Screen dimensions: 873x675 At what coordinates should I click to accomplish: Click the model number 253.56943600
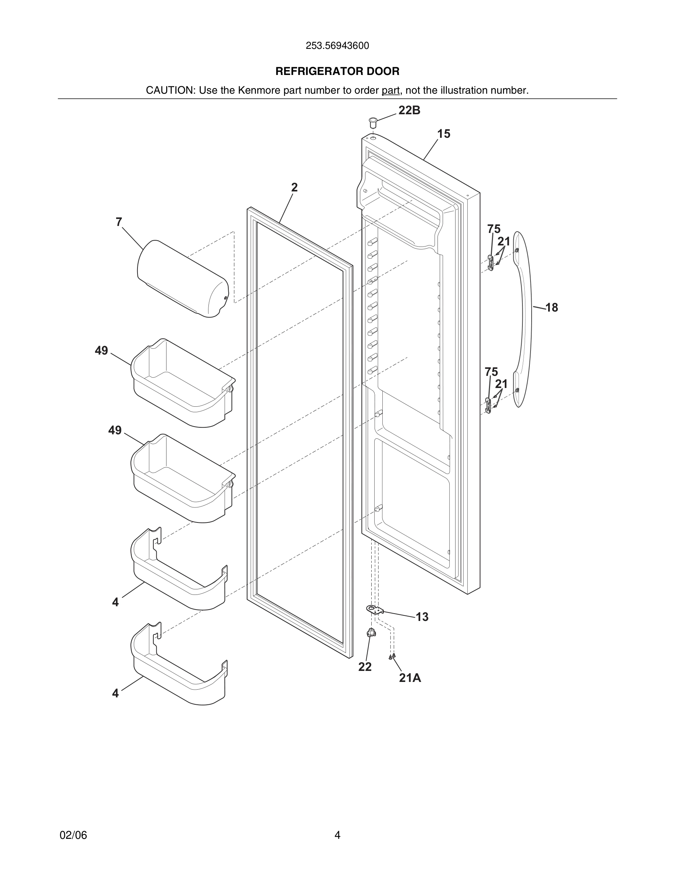point(337,46)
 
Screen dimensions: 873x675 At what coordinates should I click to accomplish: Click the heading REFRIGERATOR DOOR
point(337,72)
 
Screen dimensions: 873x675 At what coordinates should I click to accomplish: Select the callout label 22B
point(409,110)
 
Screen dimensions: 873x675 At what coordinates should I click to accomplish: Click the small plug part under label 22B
point(373,122)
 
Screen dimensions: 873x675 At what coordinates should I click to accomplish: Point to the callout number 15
point(443,134)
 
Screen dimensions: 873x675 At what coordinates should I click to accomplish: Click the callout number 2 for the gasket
point(294,187)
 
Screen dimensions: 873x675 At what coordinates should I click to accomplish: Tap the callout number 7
point(119,222)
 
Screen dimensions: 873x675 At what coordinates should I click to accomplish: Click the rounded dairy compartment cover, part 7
point(182,279)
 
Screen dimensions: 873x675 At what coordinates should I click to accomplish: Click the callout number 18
point(551,308)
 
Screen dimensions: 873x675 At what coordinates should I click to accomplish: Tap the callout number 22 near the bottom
point(365,667)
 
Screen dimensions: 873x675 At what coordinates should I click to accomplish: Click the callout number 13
point(422,617)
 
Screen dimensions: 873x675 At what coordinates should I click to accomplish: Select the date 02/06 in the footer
point(73,835)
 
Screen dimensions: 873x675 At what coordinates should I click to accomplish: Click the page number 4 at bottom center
point(337,835)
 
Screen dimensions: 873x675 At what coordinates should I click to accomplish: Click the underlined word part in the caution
point(390,90)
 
